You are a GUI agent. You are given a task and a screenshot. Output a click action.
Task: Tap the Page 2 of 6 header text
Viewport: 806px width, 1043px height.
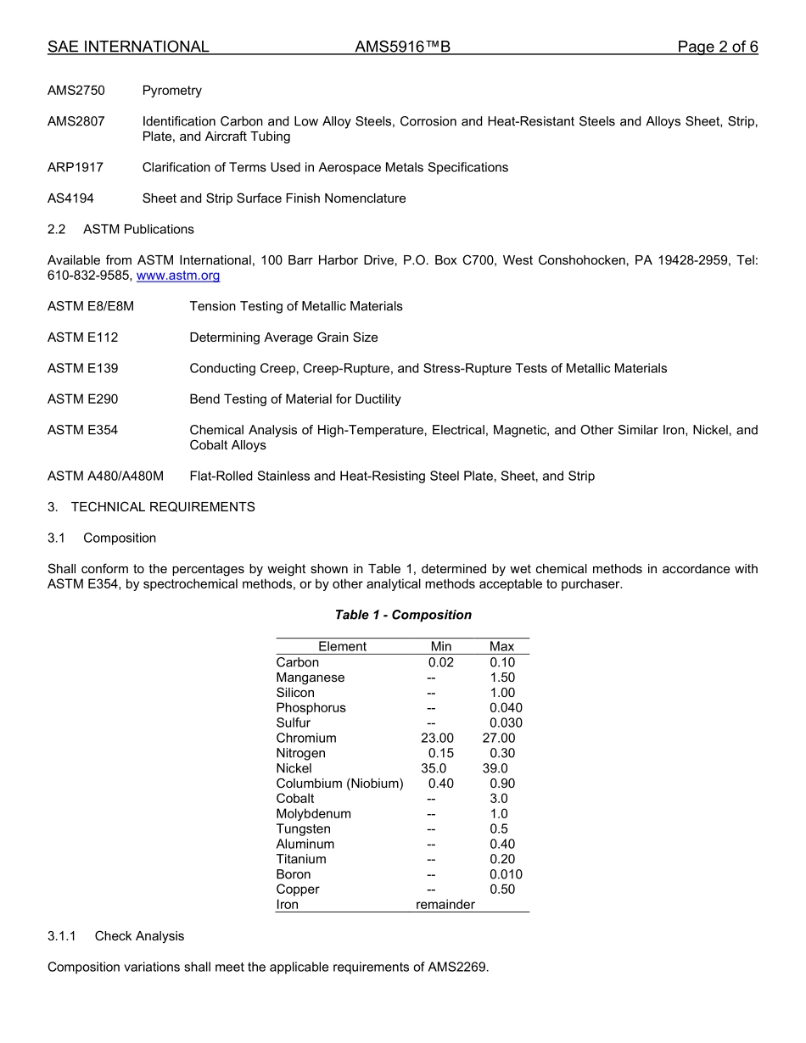tap(717, 47)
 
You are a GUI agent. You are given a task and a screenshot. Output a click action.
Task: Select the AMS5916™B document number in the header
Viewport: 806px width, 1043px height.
tap(402, 47)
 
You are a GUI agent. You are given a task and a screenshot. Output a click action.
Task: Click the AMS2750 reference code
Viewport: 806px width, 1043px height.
tap(76, 91)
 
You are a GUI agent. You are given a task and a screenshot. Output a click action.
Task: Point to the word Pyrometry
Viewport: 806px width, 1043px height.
tap(172, 91)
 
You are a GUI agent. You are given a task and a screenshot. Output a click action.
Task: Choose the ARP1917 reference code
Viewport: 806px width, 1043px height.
tap(76, 168)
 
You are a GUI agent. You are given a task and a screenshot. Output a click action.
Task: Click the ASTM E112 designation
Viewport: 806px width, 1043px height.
tap(82, 337)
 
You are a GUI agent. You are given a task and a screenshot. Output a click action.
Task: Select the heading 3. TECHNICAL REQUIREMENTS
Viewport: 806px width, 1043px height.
tap(151, 507)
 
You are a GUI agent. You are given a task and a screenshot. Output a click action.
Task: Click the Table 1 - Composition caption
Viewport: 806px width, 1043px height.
tap(403, 615)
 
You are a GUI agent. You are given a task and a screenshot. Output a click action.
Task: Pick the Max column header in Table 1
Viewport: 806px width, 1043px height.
tap(501, 647)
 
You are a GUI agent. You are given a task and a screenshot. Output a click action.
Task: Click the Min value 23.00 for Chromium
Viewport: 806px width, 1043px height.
tap(437, 739)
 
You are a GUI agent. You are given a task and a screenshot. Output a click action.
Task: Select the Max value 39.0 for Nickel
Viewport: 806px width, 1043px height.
tap(495, 769)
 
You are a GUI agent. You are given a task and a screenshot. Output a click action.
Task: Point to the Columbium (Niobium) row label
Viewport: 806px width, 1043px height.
tap(339, 784)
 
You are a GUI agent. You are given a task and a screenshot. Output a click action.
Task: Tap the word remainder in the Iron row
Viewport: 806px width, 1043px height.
tap(445, 905)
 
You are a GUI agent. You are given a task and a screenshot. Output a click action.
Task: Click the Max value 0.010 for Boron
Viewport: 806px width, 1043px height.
tap(506, 875)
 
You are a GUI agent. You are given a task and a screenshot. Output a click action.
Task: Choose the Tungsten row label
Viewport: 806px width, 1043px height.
tap(303, 829)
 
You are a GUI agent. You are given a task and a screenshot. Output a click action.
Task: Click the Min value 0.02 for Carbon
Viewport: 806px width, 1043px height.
tap(440, 662)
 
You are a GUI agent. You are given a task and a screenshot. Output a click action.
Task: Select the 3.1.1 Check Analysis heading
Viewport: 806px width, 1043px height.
tap(115, 936)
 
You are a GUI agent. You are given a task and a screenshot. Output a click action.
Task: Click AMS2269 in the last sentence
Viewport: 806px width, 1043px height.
tap(458, 968)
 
